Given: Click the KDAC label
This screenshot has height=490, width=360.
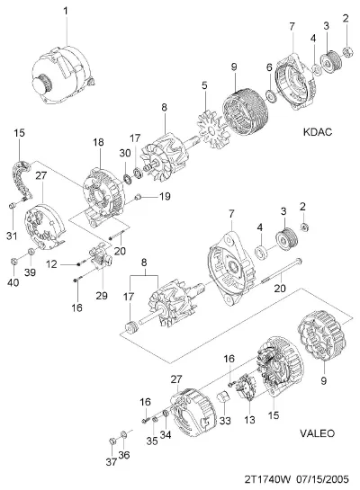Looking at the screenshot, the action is pyautogui.click(x=318, y=132).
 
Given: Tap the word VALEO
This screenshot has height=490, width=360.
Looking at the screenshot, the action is pyautogui.click(x=317, y=433).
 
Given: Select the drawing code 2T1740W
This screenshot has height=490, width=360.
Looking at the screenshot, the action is pyautogui.click(x=267, y=479).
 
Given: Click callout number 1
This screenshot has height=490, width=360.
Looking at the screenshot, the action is pyautogui.click(x=66, y=12).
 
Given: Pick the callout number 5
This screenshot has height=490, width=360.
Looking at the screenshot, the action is pyautogui.click(x=204, y=85).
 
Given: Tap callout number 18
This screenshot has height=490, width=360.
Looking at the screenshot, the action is pyautogui.click(x=98, y=142).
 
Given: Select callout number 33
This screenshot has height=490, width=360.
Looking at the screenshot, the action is pyautogui.click(x=225, y=421).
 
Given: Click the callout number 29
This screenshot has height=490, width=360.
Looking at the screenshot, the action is pyautogui.click(x=102, y=296).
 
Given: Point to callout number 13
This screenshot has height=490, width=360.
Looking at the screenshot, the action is pyautogui.click(x=249, y=420).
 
